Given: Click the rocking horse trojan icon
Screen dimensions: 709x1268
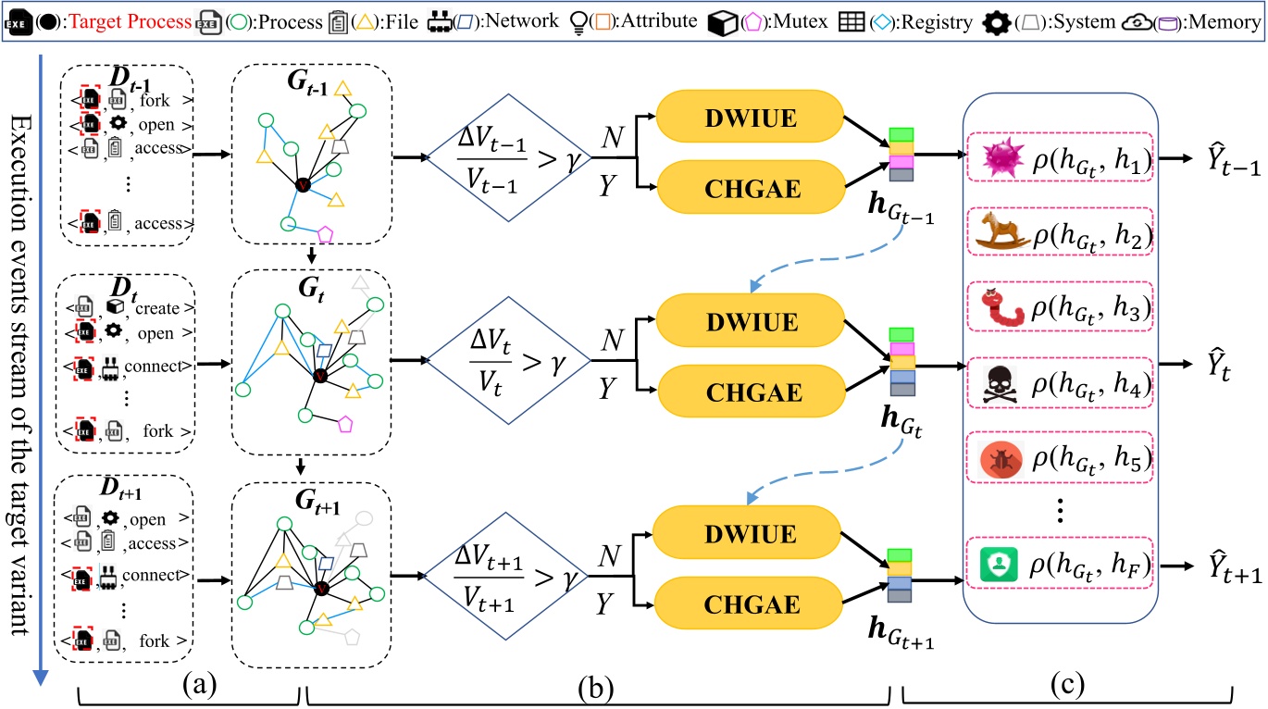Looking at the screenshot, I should point(1001,239).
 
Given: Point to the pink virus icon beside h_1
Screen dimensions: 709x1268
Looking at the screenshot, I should point(1001,163).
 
